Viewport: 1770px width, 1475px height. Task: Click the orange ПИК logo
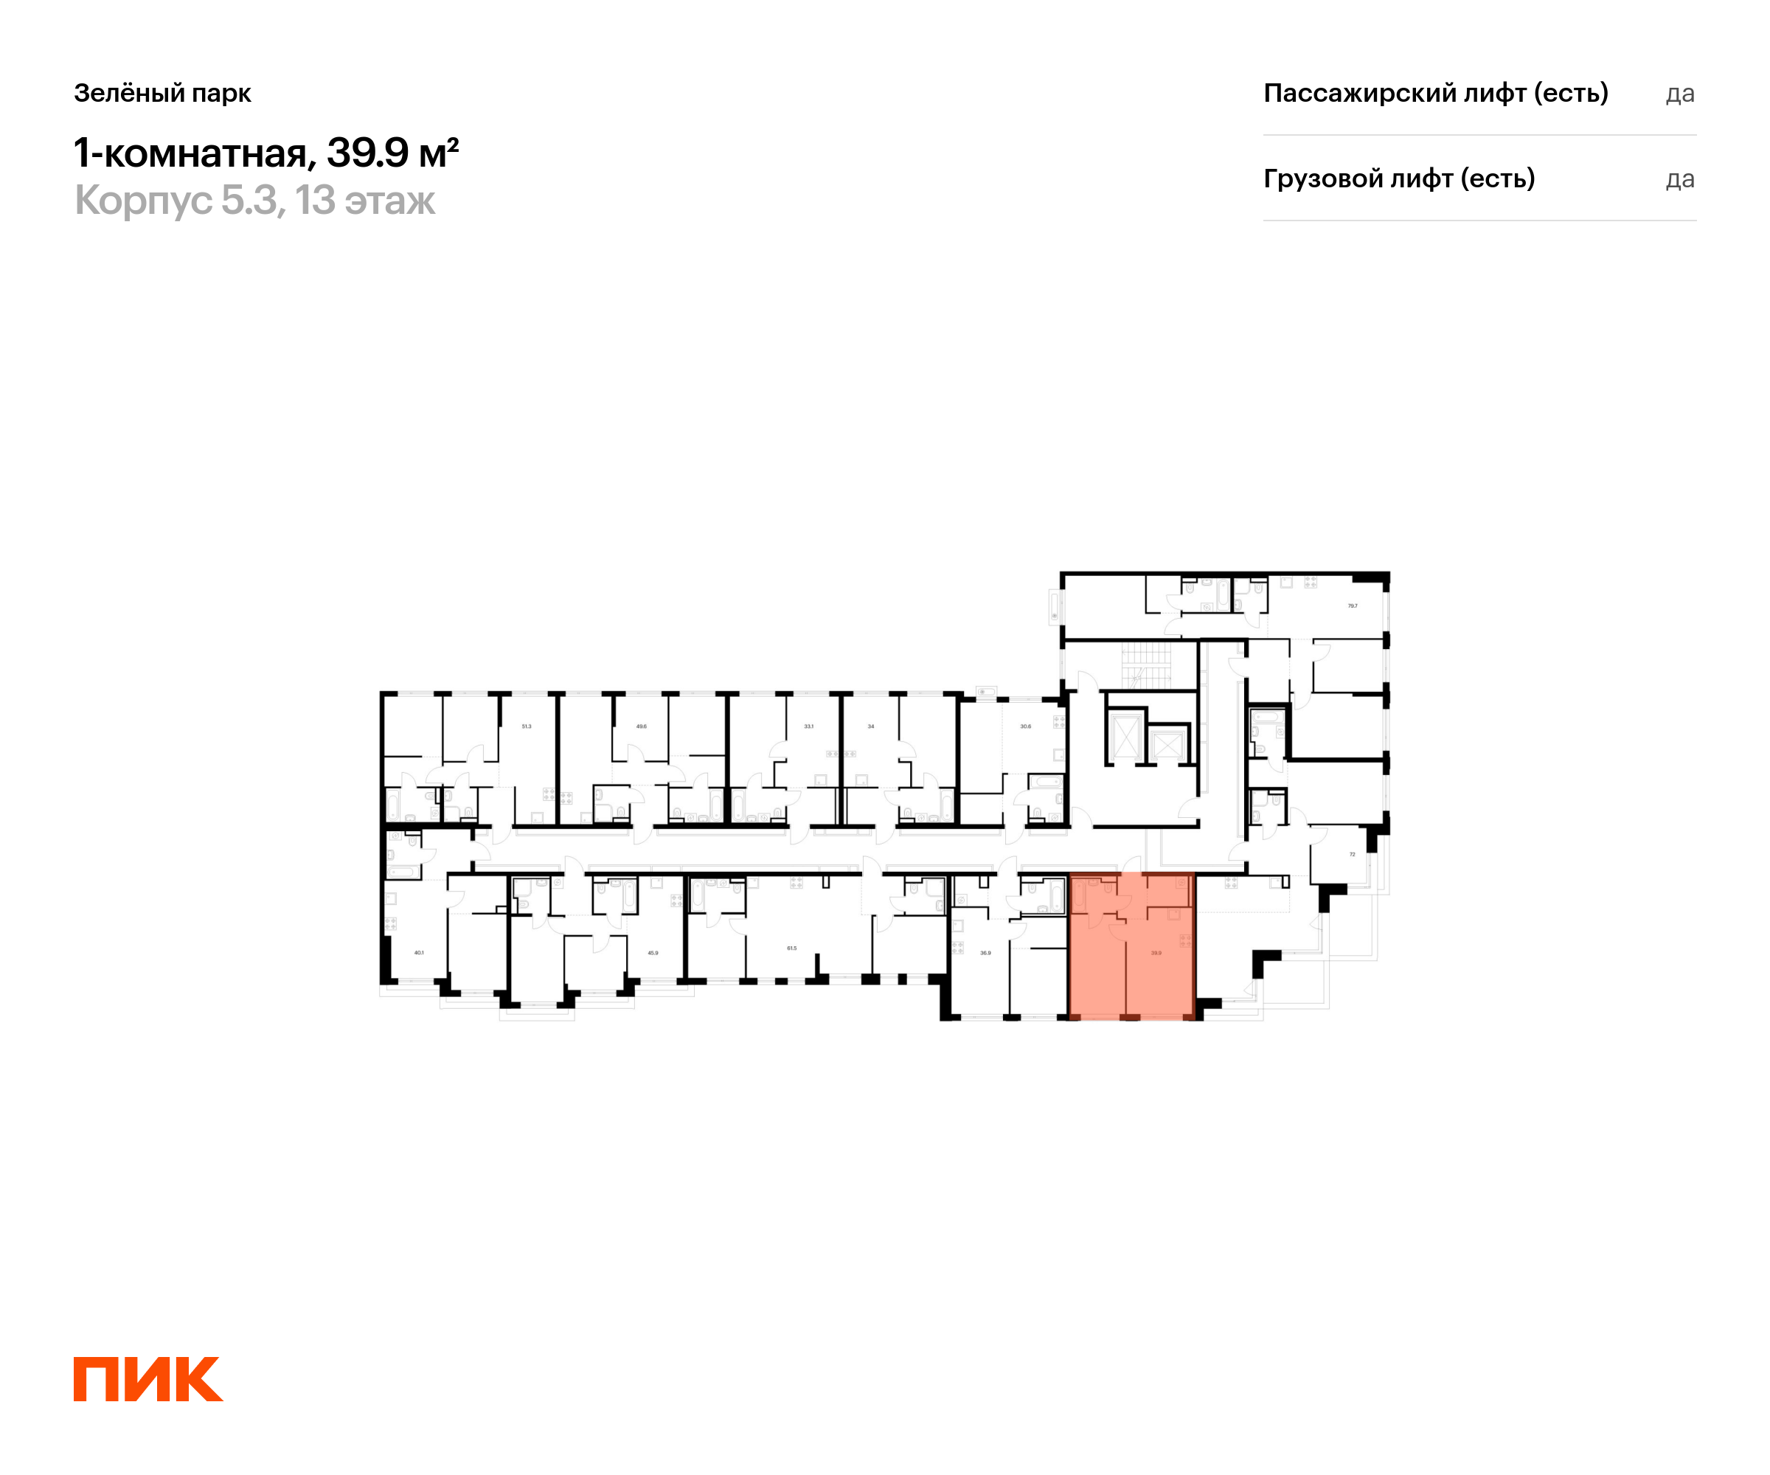[147, 1380]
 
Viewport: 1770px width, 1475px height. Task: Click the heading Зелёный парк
[163, 93]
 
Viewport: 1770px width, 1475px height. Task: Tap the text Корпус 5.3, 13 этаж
[254, 201]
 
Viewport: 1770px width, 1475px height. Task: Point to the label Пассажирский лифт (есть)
[1435, 93]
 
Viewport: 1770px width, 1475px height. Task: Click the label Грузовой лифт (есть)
[1399, 178]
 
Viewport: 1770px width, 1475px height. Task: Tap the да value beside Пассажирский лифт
[1680, 94]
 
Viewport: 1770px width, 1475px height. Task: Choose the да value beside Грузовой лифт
[1680, 179]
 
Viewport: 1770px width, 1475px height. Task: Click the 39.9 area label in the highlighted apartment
[1156, 954]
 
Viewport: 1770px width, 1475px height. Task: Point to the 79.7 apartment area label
[1352, 606]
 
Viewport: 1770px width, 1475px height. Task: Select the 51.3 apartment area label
[526, 726]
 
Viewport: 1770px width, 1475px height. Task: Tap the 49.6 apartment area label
[642, 726]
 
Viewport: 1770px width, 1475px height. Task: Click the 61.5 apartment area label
[791, 948]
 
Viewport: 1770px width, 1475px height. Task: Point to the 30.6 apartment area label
[1025, 726]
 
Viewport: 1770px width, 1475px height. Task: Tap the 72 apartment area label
[1352, 854]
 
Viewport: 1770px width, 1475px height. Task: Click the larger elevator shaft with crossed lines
[1126, 738]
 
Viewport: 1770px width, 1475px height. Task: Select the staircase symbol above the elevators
[1146, 666]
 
